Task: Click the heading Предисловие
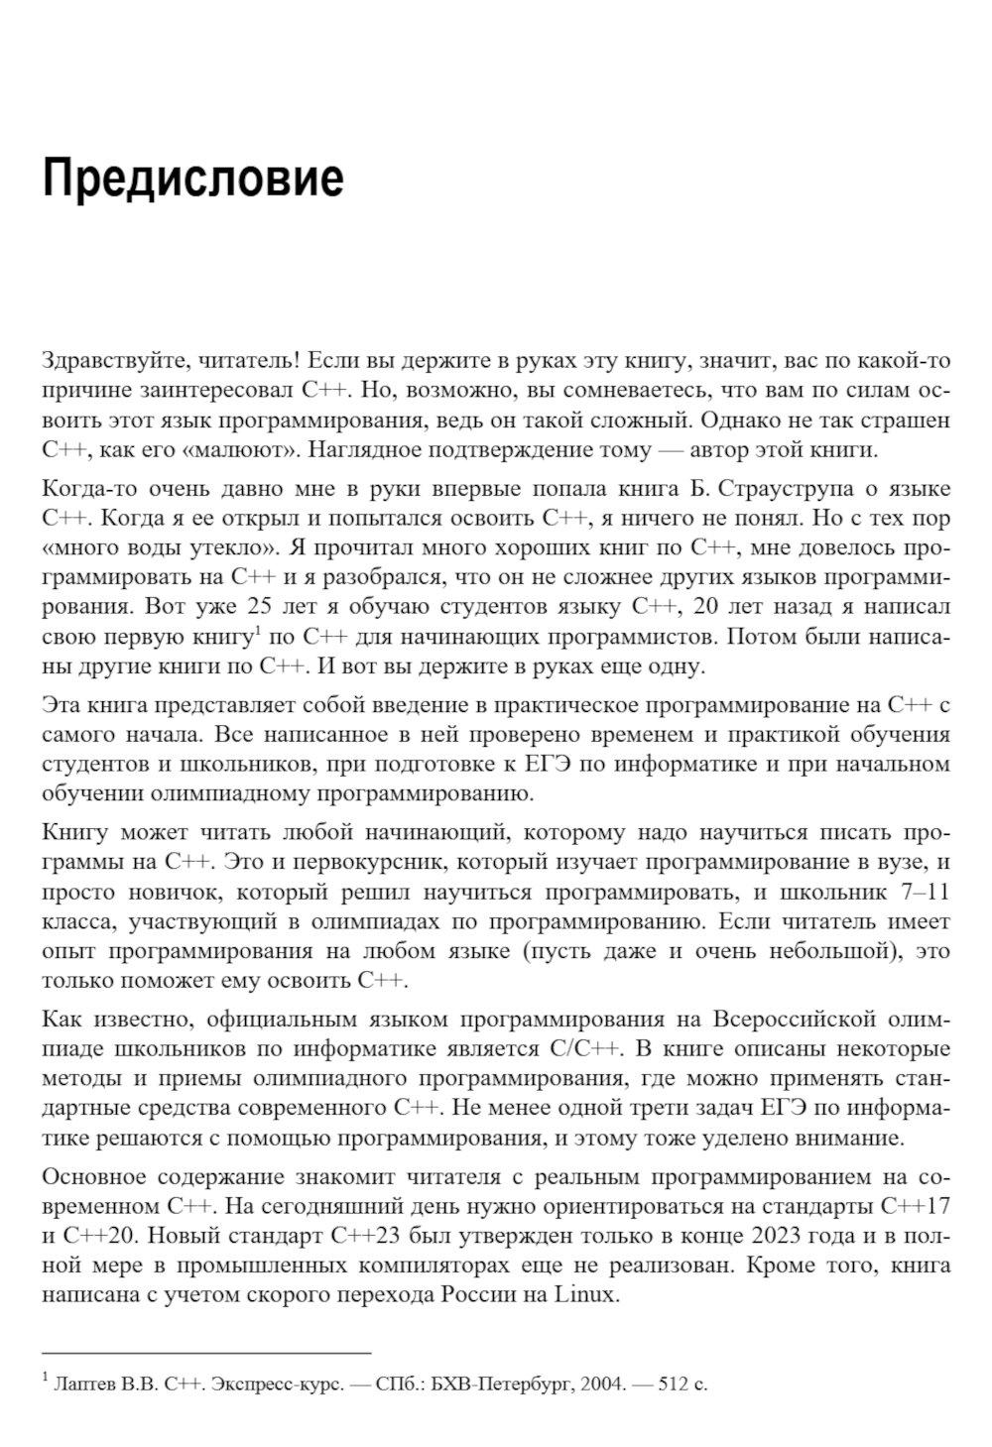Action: (192, 179)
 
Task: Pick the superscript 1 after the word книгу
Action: (257, 629)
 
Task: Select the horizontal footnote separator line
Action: (206, 1352)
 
